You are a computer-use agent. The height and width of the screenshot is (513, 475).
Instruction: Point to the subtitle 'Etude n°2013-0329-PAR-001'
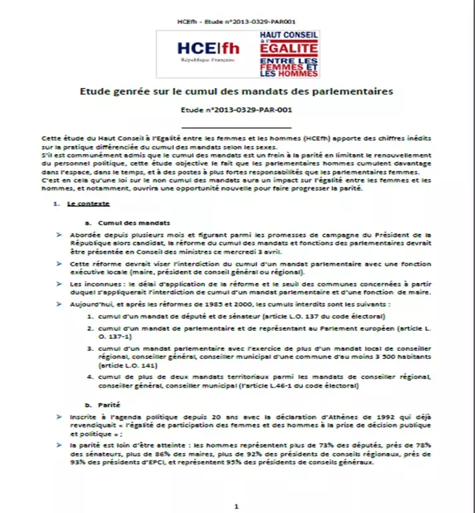237,110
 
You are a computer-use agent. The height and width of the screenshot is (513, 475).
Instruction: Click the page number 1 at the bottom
237,506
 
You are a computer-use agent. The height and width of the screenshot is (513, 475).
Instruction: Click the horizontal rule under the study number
237,126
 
